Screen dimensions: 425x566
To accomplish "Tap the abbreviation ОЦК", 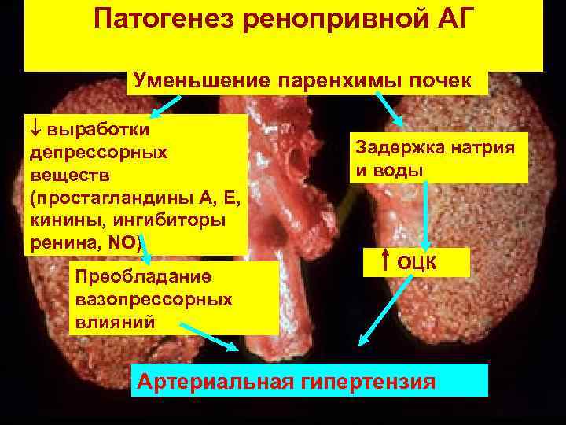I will tap(417, 261).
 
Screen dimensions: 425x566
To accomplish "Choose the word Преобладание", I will tap(140, 277).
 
